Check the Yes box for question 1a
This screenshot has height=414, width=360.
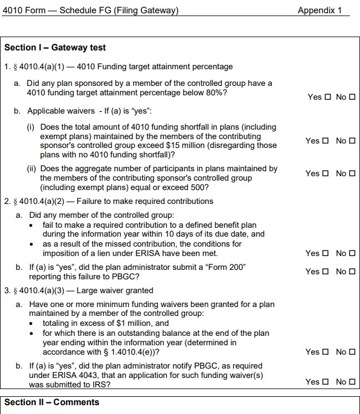[327, 98]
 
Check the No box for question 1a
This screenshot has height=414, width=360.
[352, 98]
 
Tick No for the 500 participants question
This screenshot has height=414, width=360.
[352, 173]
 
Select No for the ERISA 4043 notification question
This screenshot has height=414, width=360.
[352, 382]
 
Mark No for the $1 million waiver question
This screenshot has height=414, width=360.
[352, 352]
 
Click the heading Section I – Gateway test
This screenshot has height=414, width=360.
[55, 48]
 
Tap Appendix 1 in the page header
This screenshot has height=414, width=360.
[320, 11]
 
